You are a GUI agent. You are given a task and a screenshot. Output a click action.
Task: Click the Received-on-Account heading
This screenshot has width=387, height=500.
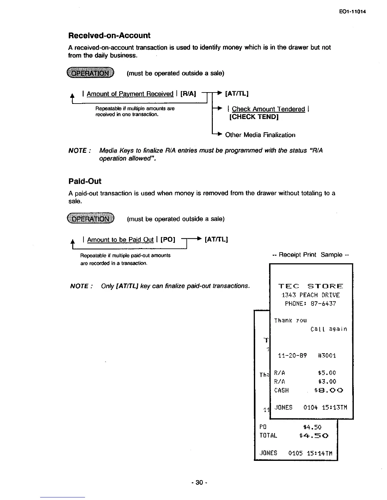coord(109,36)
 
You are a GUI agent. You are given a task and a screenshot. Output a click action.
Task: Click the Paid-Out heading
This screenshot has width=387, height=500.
coord(85,182)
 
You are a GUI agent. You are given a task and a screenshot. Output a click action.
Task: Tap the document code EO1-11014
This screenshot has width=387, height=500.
coord(352,12)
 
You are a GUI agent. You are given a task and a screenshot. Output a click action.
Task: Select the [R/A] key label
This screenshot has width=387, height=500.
coord(188,94)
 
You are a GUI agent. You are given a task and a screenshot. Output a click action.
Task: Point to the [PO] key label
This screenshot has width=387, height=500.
coord(168,240)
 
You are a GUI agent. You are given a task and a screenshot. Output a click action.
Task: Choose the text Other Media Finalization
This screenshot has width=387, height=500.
coord(260,135)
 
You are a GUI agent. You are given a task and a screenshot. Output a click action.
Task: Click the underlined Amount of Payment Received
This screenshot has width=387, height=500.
coord(130,94)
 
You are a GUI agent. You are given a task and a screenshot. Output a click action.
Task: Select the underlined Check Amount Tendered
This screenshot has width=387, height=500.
coord(268,109)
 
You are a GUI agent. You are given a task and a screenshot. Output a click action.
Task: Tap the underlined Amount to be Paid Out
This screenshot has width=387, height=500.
coord(120,240)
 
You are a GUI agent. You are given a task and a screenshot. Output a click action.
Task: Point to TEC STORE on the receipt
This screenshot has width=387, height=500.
coord(310,287)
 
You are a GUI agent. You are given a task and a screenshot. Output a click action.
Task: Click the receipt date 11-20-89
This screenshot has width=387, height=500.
coord(292,356)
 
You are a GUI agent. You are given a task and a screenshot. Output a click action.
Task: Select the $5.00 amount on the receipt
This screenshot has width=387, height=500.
coord(327,373)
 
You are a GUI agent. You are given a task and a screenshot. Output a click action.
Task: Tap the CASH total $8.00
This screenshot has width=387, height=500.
coord(329,390)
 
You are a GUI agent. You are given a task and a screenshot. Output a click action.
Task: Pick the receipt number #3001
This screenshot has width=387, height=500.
coord(327,356)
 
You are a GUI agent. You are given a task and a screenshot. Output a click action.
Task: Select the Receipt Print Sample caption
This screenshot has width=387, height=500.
coord(310,255)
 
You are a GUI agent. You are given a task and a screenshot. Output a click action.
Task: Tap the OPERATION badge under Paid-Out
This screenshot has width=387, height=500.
coord(90,218)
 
